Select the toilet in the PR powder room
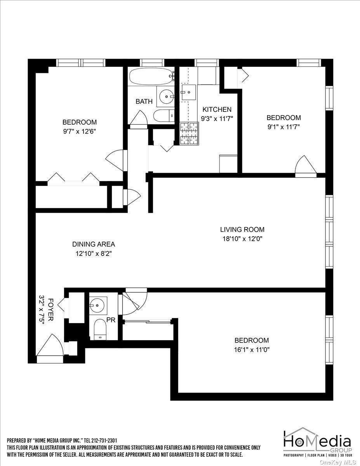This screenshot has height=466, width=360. click(100, 330)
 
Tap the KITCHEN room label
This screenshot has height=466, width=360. click(216, 110)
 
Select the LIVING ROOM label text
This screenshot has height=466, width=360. click(242, 230)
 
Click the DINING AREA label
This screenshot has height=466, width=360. click(93, 244)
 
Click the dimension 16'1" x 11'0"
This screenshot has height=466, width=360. click(252, 349)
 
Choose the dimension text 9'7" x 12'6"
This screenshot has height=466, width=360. click(80, 131)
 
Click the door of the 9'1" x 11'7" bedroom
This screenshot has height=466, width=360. click(306, 166)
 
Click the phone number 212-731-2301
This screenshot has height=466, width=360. click(103, 440)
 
